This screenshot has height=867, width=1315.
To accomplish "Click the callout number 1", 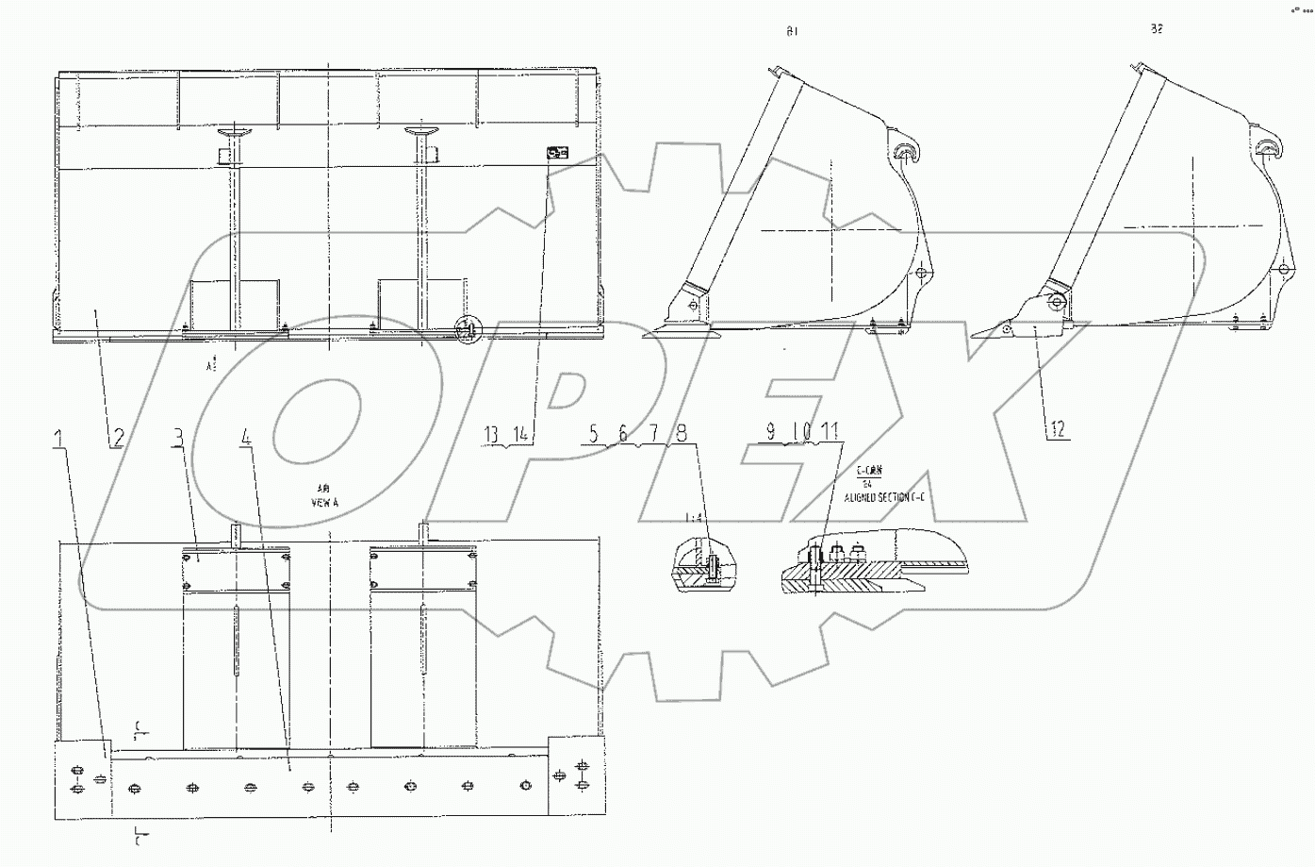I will tap(59, 438).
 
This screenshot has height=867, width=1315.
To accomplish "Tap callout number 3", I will tap(177, 438).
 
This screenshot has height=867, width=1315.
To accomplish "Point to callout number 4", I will tap(246, 438).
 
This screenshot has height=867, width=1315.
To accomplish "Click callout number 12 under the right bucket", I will tap(1058, 429).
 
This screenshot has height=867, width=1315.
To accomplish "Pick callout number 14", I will tap(519, 435).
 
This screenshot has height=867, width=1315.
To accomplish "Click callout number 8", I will tap(681, 433).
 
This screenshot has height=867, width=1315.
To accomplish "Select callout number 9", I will tap(771, 431).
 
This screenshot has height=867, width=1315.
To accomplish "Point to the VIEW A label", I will tap(324, 504).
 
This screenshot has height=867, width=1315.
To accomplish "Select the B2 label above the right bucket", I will tap(1157, 28).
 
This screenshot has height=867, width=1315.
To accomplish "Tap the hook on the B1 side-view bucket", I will tap(904, 152).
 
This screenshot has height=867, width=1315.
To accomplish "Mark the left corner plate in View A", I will tap(84, 779).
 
